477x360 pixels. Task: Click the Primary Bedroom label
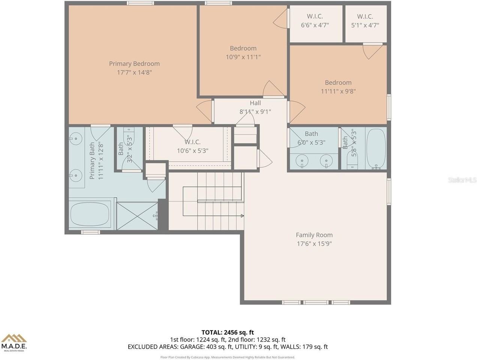(x=134, y=64)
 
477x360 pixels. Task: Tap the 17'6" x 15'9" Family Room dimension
(x=314, y=243)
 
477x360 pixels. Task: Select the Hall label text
(x=255, y=103)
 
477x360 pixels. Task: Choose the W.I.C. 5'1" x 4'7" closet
(x=366, y=24)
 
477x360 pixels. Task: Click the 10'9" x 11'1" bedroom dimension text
(x=243, y=57)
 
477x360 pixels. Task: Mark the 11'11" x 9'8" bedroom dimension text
(x=338, y=91)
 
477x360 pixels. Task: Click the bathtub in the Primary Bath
(x=90, y=214)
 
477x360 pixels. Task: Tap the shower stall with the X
(x=137, y=216)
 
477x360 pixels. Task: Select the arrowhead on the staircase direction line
(x=242, y=216)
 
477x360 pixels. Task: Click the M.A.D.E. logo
(x=14, y=343)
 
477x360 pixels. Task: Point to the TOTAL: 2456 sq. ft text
(x=228, y=332)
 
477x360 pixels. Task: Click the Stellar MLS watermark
(x=462, y=180)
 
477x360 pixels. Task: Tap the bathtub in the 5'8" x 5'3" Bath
(x=376, y=149)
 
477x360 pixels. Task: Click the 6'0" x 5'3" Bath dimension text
(x=311, y=142)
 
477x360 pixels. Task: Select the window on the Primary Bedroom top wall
(x=140, y=3)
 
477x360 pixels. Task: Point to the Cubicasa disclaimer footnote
(x=228, y=357)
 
